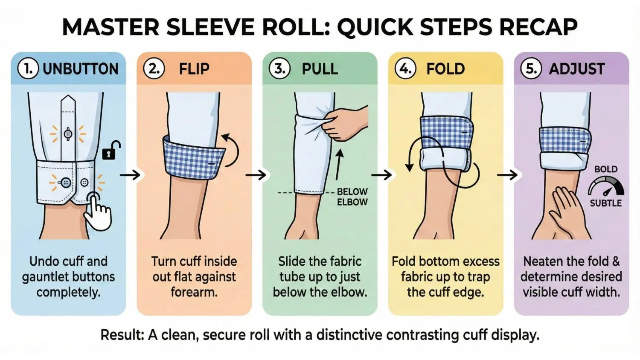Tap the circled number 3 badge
(x=279, y=69)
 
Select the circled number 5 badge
(x=531, y=69)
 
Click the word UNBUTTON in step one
(x=81, y=69)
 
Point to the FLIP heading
(x=194, y=69)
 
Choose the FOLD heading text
(x=445, y=69)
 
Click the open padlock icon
(x=111, y=151)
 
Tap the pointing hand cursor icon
(x=98, y=212)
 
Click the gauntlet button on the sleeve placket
(x=68, y=134)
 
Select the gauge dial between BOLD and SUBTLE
(x=606, y=187)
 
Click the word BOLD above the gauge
(x=606, y=169)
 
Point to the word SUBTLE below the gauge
(x=606, y=203)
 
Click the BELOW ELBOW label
(x=352, y=197)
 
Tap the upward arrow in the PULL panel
(x=340, y=165)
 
